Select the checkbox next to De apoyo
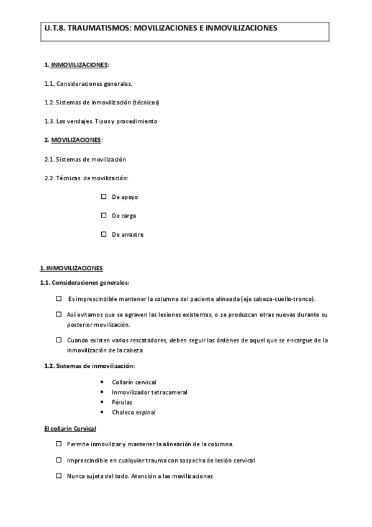[104, 196]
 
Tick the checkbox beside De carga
[104, 216]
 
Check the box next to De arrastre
[104, 234]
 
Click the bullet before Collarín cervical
[101, 382]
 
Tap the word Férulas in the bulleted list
[122, 402]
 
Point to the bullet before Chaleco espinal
[101, 412]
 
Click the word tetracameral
[168, 392]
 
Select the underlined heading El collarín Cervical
[70, 429]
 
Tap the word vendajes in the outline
[79, 121]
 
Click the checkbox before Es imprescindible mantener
[58, 298]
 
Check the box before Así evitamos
[58, 314]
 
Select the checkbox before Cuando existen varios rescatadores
[58, 340]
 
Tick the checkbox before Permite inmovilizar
[58, 444]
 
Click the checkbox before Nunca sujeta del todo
[58, 476]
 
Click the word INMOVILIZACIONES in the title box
[242, 29]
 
